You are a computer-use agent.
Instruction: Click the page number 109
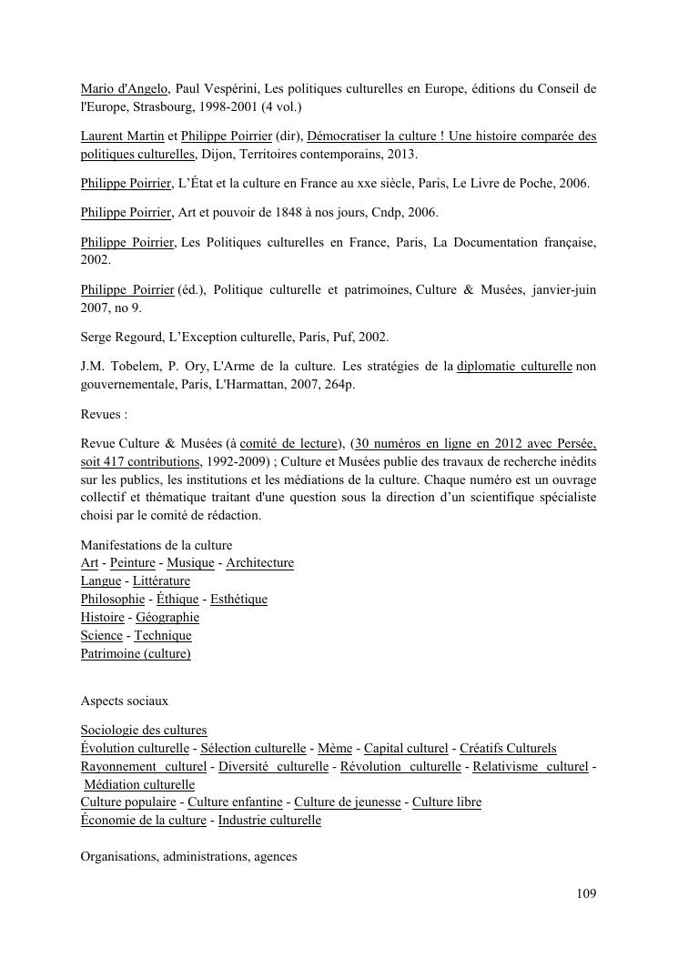coord(586,893)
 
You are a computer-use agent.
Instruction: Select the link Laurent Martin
coord(122,136)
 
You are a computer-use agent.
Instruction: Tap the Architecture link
coord(259,563)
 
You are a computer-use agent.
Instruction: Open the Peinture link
coord(132,563)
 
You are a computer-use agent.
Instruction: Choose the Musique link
coord(190,563)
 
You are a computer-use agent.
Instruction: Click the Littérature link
coord(161,581)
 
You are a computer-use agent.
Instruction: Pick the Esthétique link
coord(238,600)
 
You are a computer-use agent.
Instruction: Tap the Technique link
coord(163,636)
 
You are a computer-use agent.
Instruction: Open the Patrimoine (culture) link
coord(136,654)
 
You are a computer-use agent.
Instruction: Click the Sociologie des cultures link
coord(144,731)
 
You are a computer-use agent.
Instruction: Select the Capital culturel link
coord(406,749)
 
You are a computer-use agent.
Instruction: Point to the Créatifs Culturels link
coord(508,749)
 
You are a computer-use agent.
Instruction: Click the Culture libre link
coord(447,802)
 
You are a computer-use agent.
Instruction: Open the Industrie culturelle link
coord(269,821)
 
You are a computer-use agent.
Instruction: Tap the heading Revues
coord(104,414)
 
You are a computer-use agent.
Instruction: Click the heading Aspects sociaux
coord(125,701)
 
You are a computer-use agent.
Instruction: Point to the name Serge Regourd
coord(121,338)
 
